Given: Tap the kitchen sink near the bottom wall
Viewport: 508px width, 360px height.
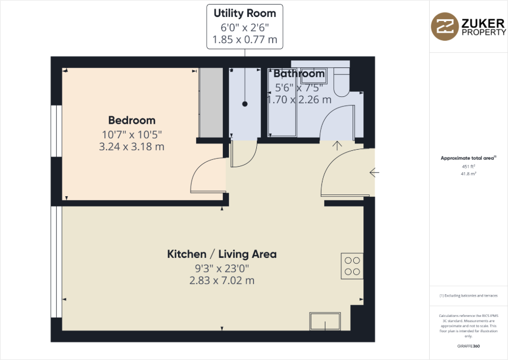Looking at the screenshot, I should [x=325, y=321].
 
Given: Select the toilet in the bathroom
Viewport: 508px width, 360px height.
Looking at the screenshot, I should [x=342, y=82].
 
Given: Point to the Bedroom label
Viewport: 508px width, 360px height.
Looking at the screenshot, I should [x=132, y=120].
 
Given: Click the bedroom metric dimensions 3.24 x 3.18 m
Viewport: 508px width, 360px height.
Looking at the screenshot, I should [x=132, y=146].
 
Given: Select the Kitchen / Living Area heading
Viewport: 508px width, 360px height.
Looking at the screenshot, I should [x=222, y=254].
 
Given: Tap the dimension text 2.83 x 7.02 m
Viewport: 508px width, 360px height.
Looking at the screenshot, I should [x=222, y=280].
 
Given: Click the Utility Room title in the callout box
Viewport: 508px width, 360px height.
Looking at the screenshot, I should [x=245, y=13].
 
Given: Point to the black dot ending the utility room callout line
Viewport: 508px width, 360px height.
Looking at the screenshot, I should [x=245, y=104].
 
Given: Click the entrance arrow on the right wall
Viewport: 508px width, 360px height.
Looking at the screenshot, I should [x=374, y=172].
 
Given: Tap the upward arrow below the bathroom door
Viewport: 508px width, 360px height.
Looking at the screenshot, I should [x=338, y=145].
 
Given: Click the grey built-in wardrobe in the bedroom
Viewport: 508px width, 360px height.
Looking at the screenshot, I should [x=211, y=102].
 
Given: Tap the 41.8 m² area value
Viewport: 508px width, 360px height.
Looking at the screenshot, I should [x=468, y=174].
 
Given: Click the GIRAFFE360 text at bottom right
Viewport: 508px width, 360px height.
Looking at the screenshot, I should [x=468, y=346].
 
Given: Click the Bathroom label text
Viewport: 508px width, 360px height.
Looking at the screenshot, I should [x=299, y=74].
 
